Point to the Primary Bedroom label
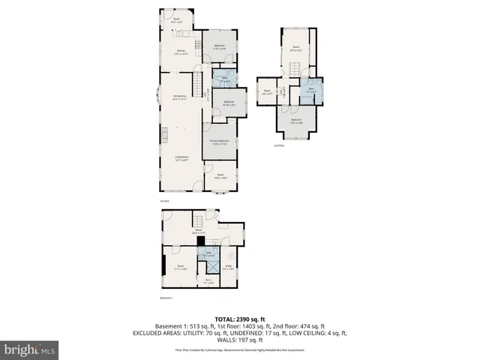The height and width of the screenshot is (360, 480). [220, 142]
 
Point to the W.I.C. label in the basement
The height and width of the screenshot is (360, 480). [209, 282]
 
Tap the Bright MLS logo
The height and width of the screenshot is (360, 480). [30, 350]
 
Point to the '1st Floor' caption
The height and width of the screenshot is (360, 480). [163, 200]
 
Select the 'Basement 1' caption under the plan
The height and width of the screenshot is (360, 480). [166, 298]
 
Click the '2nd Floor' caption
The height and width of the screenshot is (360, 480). [279, 145]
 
